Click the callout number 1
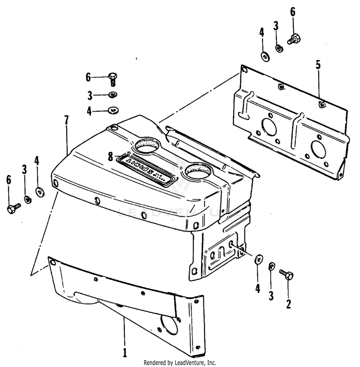click(125, 353)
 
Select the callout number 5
click(318, 65)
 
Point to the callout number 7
click(67, 121)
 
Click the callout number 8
click(110, 156)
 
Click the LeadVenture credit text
click(180, 363)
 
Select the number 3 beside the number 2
click(271, 295)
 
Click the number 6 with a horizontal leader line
click(88, 77)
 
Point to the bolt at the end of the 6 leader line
click(113, 77)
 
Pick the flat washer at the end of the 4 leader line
click(114, 110)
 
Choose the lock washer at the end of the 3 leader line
click(113, 94)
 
